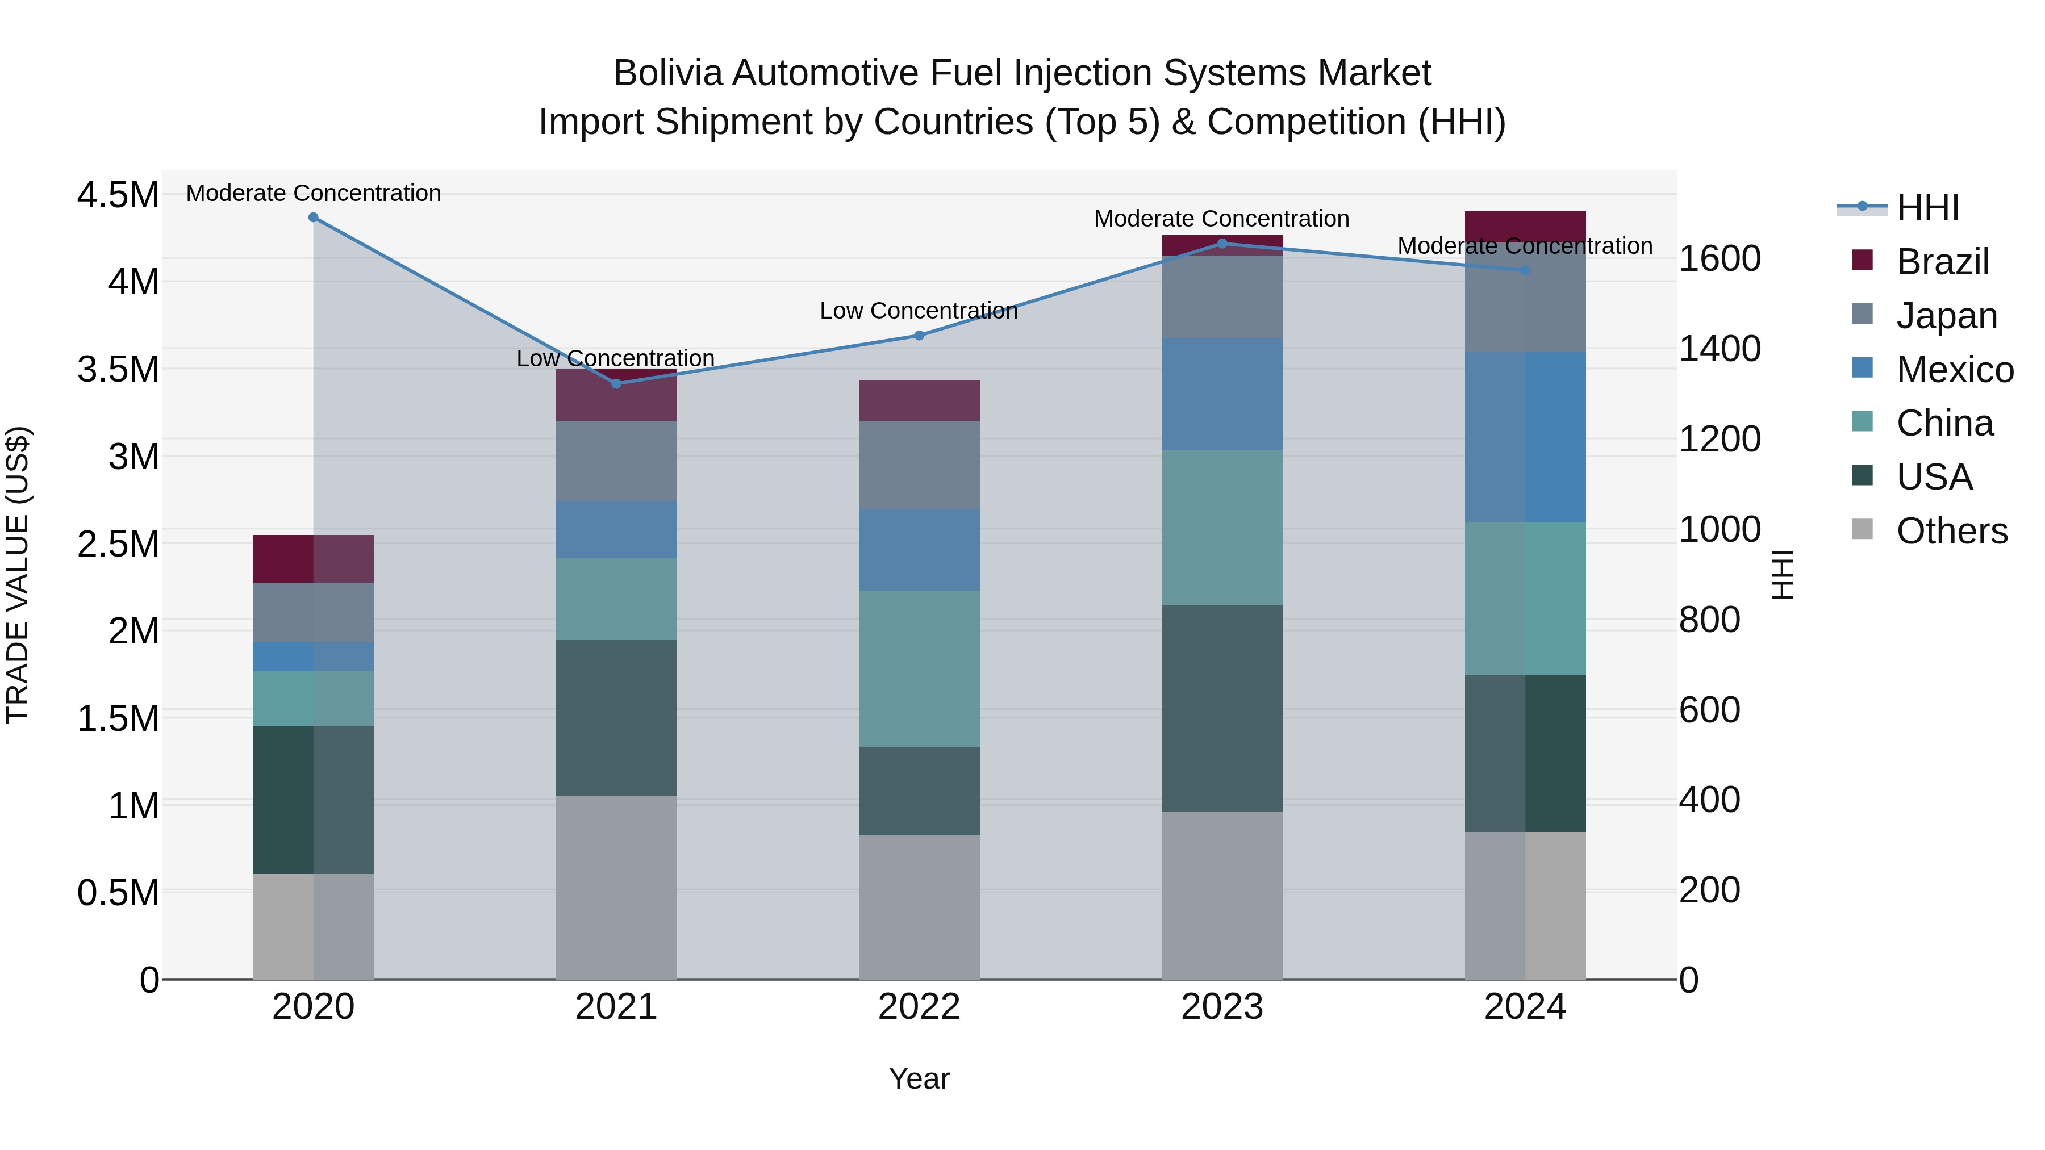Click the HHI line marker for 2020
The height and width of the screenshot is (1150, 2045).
click(x=314, y=218)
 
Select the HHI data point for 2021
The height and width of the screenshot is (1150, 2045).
click(x=616, y=383)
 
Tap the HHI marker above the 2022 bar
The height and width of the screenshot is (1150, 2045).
click(x=919, y=336)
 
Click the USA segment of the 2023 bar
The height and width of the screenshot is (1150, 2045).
click(x=1222, y=708)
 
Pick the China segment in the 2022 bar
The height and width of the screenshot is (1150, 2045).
click(x=919, y=668)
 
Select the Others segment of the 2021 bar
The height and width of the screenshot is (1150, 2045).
click(x=616, y=886)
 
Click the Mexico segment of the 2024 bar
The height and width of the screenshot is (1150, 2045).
click(x=1525, y=437)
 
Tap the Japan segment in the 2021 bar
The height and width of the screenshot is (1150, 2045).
click(x=616, y=461)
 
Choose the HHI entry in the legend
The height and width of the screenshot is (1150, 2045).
click(x=1927, y=208)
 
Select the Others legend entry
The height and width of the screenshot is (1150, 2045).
click(x=1951, y=531)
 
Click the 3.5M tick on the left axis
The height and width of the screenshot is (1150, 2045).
click(x=118, y=370)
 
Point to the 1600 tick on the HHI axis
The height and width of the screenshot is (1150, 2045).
click(x=1720, y=259)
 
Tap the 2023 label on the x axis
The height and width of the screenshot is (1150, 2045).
click(x=1222, y=1007)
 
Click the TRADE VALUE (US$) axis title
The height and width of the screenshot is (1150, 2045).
click(x=18, y=575)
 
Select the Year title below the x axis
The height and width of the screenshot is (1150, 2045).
click(x=919, y=1078)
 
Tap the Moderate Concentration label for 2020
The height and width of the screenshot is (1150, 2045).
click(x=314, y=193)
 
